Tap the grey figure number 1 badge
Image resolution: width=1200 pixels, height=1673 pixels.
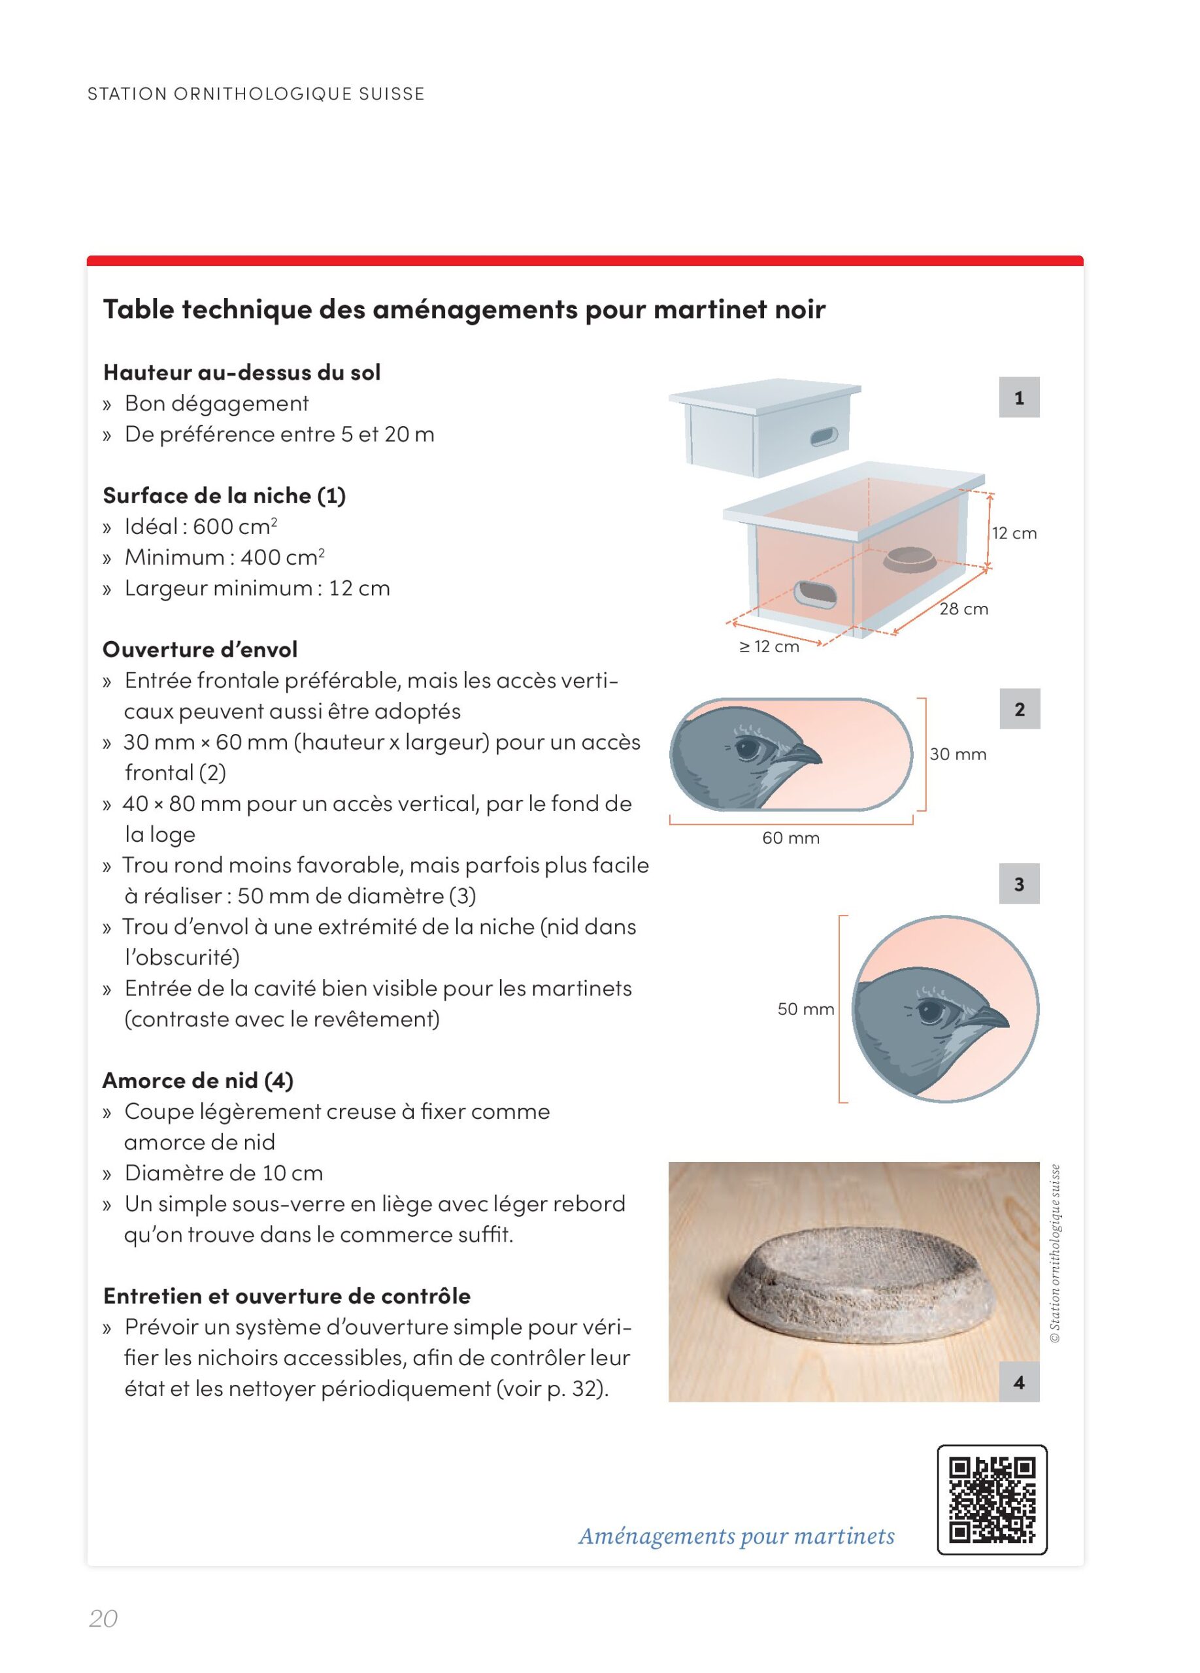point(1018,397)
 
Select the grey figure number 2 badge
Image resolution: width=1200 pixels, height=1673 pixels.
point(1020,709)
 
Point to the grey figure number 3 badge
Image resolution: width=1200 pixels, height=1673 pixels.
point(1018,884)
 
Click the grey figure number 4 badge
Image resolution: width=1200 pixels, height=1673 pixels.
point(1018,1382)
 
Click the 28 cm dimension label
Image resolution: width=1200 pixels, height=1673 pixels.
point(963,608)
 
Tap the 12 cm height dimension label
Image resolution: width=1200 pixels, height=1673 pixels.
point(1014,533)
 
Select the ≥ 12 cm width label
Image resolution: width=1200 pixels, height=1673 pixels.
point(769,646)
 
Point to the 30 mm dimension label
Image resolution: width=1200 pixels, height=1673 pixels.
point(958,754)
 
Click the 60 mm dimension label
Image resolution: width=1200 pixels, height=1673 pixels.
point(791,838)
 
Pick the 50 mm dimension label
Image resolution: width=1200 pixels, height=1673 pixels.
point(805,1008)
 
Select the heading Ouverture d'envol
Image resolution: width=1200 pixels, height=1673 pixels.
point(200,649)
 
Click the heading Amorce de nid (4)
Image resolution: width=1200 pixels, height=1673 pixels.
point(197,1081)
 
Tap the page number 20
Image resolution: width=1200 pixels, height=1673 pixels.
point(103,1618)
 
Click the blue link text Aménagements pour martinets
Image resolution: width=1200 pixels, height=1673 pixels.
point(736,1536)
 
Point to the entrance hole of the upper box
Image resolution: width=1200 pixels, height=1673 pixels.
point(823,437)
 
